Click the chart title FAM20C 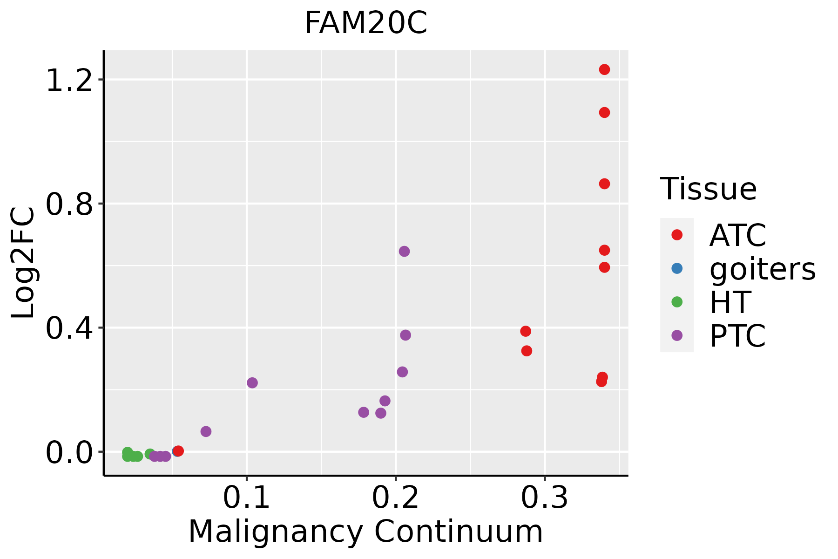coord(365,23)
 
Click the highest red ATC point coord(604,69)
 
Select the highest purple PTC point coord(404,252)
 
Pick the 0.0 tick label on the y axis coord(68,453)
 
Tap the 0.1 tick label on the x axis coord(247,498)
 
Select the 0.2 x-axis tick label coord(395,498)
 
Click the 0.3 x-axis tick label coord(544,498)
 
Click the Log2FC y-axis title coord(23,263)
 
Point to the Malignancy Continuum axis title coord(365,532)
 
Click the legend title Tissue coord(709,189)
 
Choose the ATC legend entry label coord(737,235)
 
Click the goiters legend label coord(763,269)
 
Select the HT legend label coord(730,302)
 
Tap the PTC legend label coord(737,336)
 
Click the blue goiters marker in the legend coord(677,268)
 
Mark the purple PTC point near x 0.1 coord(252,383)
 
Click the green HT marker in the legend coord(677,302)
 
